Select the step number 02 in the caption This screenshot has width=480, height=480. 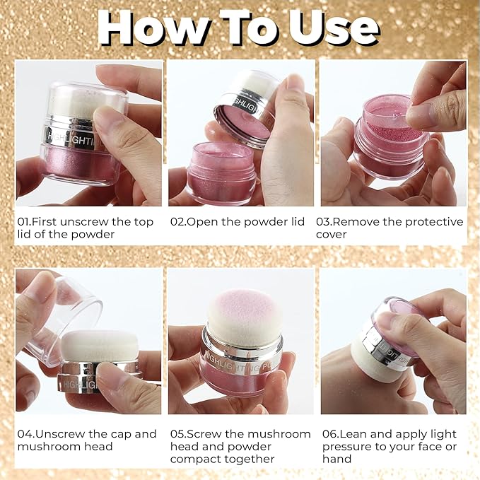tap(177, 222)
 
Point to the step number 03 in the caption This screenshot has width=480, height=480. tap(330, 222)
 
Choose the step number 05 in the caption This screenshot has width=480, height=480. tap(177, 434)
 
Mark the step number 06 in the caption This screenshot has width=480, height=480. tap(330, 434)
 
